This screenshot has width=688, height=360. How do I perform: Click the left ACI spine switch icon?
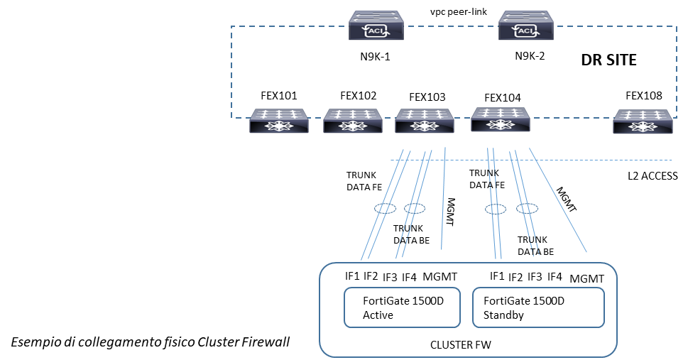[x=376, y=25]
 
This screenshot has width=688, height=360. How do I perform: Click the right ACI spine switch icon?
[x=526, y=25]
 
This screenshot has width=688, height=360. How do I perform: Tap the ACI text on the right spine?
[x=527, y=31]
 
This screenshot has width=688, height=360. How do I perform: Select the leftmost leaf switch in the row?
[x=279, y=121]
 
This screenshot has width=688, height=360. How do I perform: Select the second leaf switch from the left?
[x=353, y=121]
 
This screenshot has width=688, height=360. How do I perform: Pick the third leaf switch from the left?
[x=425, y=121]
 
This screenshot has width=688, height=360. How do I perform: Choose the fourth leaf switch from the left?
[x=501, y=120]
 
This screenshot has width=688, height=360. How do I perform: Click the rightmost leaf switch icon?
[x=643, y=121]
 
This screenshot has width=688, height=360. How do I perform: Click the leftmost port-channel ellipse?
[x=386, y=209]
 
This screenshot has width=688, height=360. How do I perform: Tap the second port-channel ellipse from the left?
[x=415, y=208]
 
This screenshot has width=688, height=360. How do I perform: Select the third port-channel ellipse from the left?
[x=496, y=209]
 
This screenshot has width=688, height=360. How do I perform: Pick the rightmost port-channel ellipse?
[x=527, y=208]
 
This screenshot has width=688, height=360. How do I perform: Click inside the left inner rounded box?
[x=402, y=307]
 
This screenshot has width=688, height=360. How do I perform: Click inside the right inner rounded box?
[x=538, y=307]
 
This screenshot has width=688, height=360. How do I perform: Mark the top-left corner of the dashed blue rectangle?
[x=231, y=27]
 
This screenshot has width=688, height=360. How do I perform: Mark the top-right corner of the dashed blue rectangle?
[x=676, y=27]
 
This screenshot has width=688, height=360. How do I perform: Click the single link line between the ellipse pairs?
[x=444, y=206]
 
